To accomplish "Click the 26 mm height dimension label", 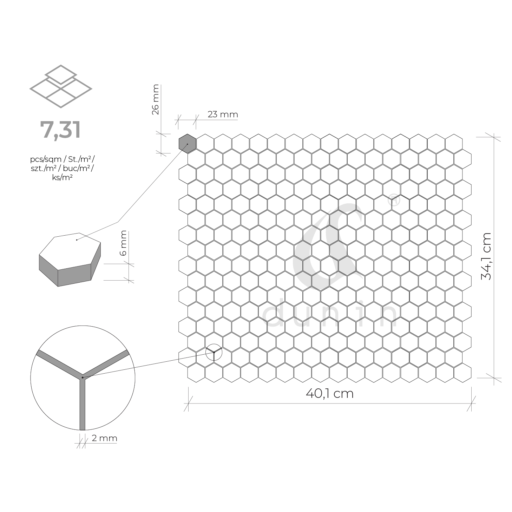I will (156, 99).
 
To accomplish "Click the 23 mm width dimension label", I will (223, 114).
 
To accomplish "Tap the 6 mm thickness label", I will (123, 243).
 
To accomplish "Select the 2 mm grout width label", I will (104, 438).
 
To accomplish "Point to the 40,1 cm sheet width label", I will (329, 393).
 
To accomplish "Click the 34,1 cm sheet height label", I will (486, 256).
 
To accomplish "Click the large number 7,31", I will (60, 130).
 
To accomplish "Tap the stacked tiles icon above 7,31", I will (61, 86).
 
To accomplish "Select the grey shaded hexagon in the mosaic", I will (187, 144).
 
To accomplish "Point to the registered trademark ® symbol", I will (394, 201).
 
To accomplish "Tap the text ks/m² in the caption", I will (62, 177).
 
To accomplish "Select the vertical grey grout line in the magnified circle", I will (83, 404).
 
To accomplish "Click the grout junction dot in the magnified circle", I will (83, 378).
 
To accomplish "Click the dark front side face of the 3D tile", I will (74, 277).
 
